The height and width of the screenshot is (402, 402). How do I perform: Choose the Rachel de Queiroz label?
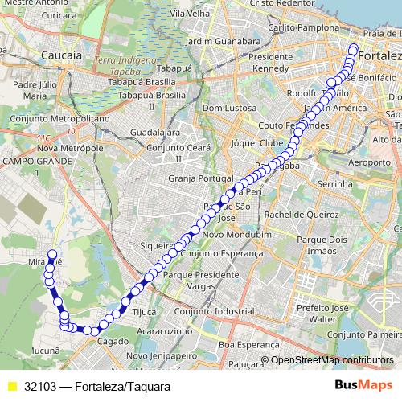[301, 215]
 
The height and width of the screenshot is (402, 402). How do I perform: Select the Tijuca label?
[143, 312]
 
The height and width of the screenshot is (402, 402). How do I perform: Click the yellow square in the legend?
[12, 386]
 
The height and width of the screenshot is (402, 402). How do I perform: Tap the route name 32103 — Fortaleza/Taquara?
[96, 386]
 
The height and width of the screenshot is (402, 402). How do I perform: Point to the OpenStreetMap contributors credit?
[332, 359]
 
